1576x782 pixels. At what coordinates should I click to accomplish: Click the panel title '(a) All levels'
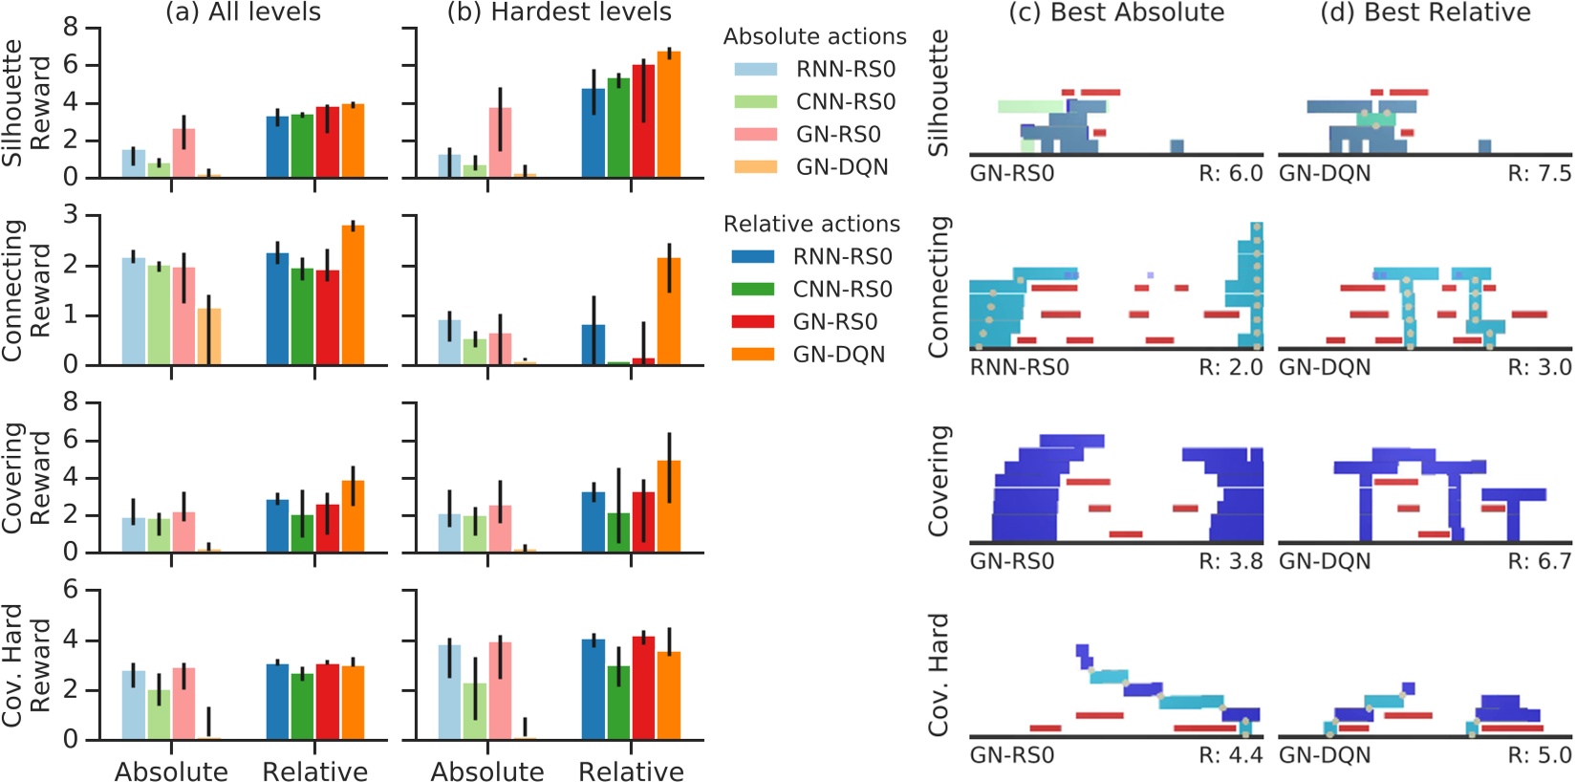(243, 12)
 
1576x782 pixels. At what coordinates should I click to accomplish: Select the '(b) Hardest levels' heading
(559, 12)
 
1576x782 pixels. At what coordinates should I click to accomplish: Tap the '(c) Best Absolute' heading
(1116, 12)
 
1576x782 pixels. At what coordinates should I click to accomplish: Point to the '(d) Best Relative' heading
(1425, 12)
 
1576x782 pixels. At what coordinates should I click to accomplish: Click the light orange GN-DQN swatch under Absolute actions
(755, 167)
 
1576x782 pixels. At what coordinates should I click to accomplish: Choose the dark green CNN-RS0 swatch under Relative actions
(752, 290)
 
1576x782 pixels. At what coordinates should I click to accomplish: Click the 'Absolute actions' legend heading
(814, 37)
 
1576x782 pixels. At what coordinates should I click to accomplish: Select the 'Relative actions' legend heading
(811, 225)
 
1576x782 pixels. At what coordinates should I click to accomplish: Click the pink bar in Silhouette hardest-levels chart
(500, 142)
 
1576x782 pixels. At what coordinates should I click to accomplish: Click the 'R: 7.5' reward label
(1539, 174)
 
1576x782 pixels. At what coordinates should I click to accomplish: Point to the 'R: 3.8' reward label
(1230, 561)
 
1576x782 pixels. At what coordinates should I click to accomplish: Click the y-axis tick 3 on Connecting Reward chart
(70, 215)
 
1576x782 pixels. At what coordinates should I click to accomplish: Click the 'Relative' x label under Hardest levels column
(631, 771)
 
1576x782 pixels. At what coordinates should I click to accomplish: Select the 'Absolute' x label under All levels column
(171, 771)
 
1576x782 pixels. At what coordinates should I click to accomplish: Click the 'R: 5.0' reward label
(1539, 755)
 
